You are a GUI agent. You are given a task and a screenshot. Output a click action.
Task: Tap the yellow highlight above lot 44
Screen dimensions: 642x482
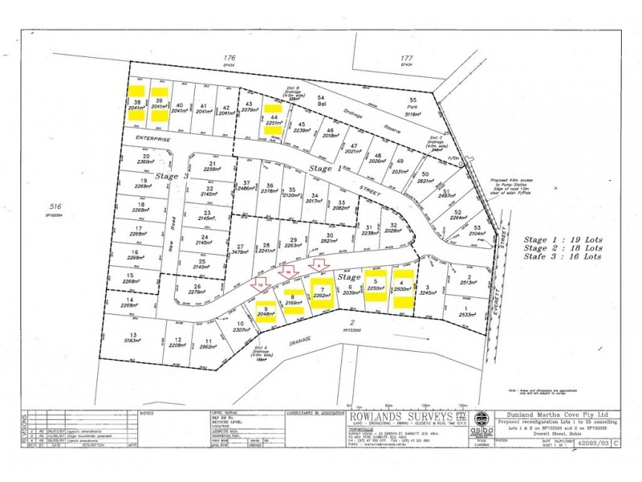click(x=274, y=107)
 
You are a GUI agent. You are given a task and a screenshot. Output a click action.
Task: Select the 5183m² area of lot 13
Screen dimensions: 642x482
click(x=134, y=341)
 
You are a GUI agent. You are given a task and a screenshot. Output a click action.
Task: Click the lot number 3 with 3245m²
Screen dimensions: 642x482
click(x=430, y=287)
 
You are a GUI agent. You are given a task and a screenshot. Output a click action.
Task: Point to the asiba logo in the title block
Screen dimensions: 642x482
click(x=480, y=420)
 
